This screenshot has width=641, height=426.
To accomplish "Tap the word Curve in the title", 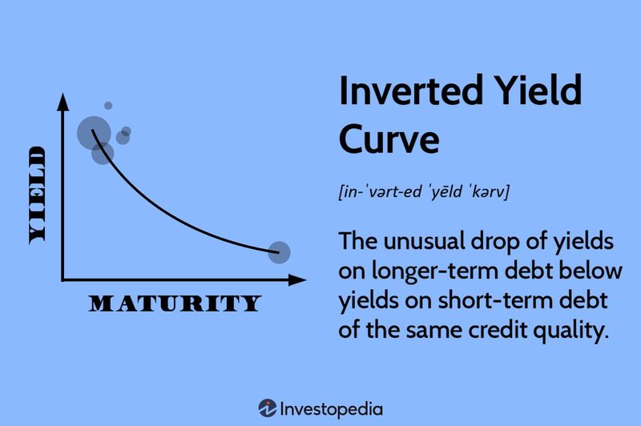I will [389, 139].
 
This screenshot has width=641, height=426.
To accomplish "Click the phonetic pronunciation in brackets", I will [425, 192].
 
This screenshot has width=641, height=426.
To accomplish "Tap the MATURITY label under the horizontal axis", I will [175, 303].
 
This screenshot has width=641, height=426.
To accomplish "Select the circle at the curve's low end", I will [279, 253].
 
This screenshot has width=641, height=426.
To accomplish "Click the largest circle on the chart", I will [94, 132].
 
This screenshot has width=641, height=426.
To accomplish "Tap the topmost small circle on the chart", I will [108, 106].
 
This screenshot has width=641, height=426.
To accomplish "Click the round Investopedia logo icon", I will [267, 408].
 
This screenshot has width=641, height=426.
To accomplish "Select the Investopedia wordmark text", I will [331, 408].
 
